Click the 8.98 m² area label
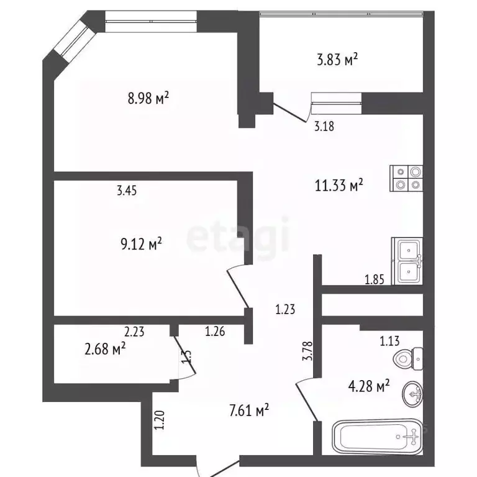click(148, 98)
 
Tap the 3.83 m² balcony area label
click(338, 60)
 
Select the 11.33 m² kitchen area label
click(338, 184)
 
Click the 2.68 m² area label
click(104, 349)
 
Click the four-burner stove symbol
click(407, 178)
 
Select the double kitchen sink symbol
click(407, 261)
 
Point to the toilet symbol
click(408, 358)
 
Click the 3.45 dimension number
click(127, 191)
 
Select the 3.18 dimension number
click(324, 127)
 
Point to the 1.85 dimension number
click(375, 280)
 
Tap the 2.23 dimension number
click(135, 332)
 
